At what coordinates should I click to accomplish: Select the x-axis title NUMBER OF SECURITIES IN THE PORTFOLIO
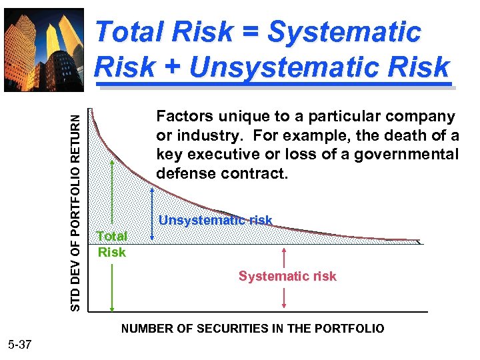pyautogui.click(x=252, y=329)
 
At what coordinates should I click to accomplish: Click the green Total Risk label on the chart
pyautogui.click(x=111, y=244)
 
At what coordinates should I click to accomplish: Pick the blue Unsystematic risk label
pyautogui.click(x=215, y=220)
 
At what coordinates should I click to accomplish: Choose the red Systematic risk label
pyautogui.click(x=287, y=276)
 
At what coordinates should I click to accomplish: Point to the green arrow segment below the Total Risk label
pyautogui.click(x=112, y=287)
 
